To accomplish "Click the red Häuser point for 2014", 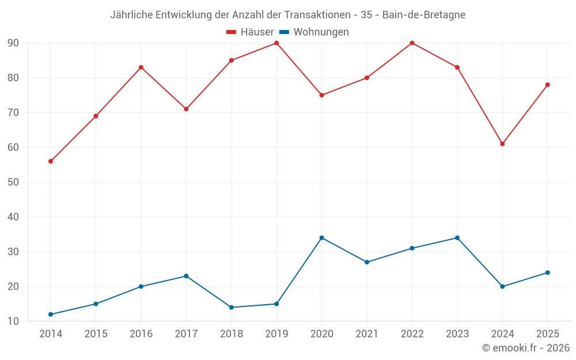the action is pos(51,161).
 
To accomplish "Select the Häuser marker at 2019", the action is pos(276,43).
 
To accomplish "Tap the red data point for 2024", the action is pos(502,144).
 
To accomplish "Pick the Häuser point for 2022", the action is pos(412,43).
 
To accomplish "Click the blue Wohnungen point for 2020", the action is pos(322,238).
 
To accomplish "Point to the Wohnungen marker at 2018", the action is pos(232,308).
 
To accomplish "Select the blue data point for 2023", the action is pos(457,238).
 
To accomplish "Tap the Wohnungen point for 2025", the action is pos(548,272).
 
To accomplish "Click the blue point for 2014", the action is pos(51,314).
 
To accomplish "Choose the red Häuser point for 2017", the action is pos(186,109).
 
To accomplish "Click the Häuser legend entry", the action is pos(250,32).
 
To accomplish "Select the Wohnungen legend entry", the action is pos(314,32).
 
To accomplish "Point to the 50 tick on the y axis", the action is pos(13,182).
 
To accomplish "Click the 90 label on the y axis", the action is pos(13,43).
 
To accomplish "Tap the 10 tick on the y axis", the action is pos(13,321).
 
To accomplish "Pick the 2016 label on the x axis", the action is pos(141,334).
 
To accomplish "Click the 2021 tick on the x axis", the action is pos(367,334).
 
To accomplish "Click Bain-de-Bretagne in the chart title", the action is pos(423,15).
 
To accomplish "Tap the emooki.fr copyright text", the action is pos(526,348).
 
